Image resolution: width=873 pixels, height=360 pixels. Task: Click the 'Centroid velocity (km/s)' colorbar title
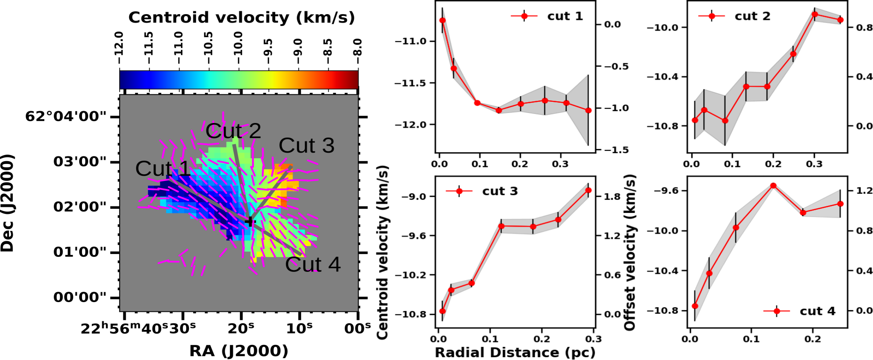click(x=241, y=17)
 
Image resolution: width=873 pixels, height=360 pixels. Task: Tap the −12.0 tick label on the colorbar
click(x=119, y=43)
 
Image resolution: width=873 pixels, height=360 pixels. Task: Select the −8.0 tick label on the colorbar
click(x=358, y=47)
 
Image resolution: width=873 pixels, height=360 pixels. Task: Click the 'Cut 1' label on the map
click(x=163, y=169)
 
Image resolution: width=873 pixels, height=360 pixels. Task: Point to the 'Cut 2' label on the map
click(x=233, y=131)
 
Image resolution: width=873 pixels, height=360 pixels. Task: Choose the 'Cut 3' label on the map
click(x=307, y=146)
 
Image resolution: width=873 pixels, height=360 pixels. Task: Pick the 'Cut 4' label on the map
click(x=313, y=264)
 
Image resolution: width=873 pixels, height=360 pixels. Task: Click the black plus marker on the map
click(x=249, y=221)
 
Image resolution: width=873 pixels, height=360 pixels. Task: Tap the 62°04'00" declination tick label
click(x=65, y=116)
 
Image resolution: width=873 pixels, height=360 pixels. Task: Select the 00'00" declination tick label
click(x=80, y=297)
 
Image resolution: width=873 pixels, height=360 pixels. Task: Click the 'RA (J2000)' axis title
click(x=238, y=351)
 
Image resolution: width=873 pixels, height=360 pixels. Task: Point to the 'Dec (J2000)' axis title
click(x=8, y=203)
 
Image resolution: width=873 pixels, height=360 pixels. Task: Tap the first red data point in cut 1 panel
click(x=442, y=20)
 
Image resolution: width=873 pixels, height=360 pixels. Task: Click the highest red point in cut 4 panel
click(x=773, y=186)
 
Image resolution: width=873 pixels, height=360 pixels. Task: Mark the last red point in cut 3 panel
click(x=588, y=190)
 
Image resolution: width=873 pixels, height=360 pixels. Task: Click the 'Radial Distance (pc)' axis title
click(x=515, y=352)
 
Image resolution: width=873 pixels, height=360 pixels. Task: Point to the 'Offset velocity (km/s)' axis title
click(x=630, y=252)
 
